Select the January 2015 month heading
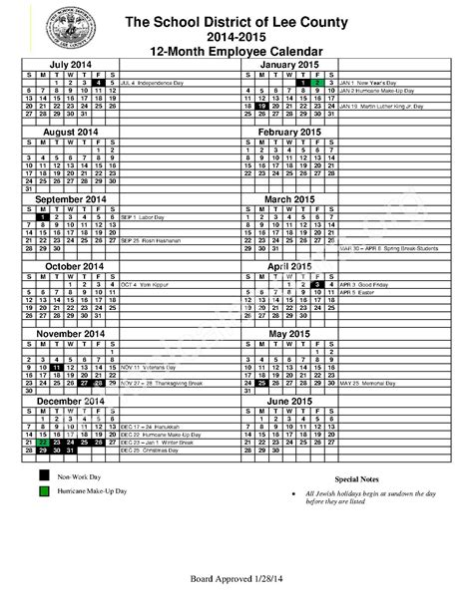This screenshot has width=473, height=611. tap(287, 64)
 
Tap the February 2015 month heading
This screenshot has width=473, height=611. tap(287, 132)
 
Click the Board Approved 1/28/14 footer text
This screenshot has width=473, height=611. tap(236, 579)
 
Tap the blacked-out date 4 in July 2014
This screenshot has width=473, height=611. tap(97, 82)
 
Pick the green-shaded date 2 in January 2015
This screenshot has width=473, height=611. tap(314, 82)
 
